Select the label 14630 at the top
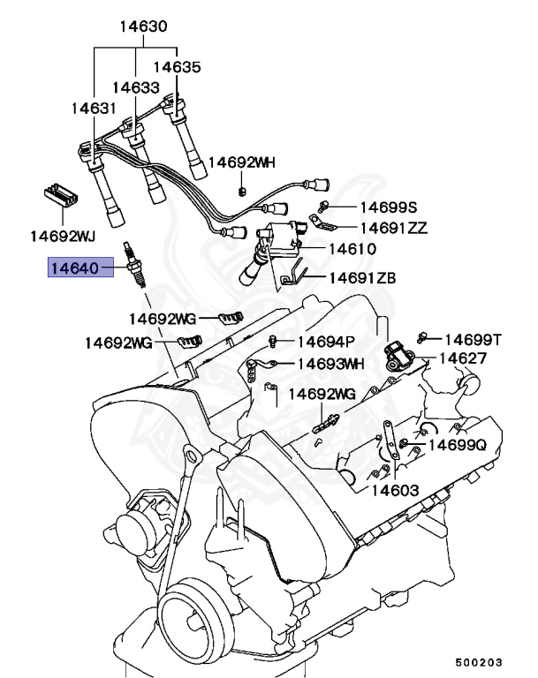[x=144, y=27]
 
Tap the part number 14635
[x=177, y=66]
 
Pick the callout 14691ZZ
[x=393, y=228]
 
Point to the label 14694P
[x=325, y=342]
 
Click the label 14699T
[x=473, y=339]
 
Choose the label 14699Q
[x=458, y=446]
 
